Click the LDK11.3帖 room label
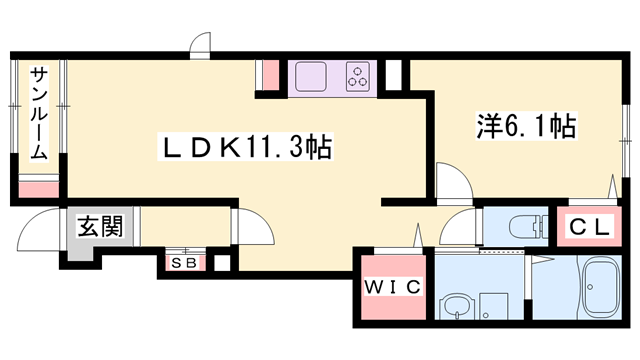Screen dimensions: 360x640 tap(247, 148)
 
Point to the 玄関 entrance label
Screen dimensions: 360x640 tap(99, 226)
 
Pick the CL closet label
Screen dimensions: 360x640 tap(589, 227)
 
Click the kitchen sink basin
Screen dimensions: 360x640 tap(311, 76)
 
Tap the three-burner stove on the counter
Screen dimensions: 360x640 tap(359, 76)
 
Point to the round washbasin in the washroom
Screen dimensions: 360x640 tap(457, 306)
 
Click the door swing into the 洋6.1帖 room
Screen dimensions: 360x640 tap(452, 184)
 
